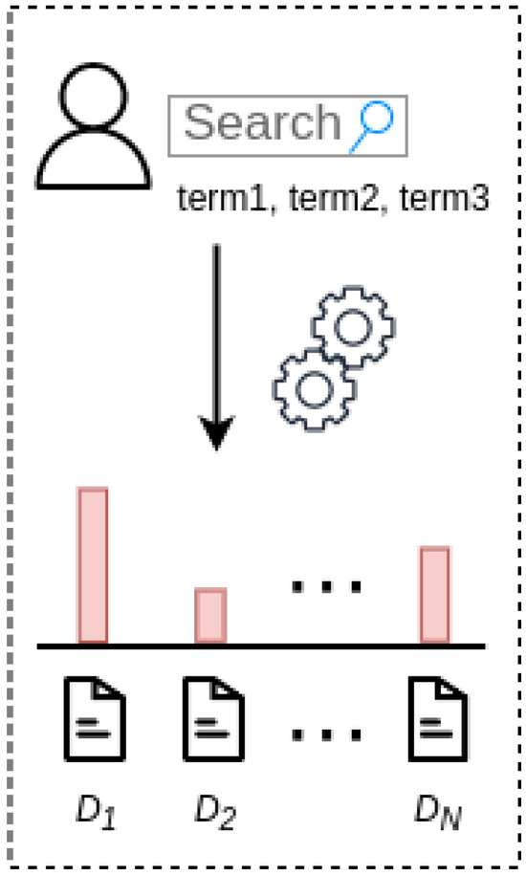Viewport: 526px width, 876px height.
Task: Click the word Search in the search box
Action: point(262,122)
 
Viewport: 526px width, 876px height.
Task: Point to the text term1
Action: point(223,199)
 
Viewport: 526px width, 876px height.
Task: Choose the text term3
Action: point(445,199)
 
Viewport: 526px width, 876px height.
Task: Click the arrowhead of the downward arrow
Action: point(216,432)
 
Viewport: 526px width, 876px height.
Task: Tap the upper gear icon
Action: point(353,327)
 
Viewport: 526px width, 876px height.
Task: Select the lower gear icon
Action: point(314,389)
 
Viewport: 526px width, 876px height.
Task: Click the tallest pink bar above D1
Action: point(93,565)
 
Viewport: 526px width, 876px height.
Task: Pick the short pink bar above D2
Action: point(210,616)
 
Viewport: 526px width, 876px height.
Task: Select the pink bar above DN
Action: point(435,596)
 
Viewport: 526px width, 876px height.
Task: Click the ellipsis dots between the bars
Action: point(327,586)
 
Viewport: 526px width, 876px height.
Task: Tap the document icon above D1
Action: point(95,719)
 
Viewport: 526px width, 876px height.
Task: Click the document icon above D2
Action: point(213,719)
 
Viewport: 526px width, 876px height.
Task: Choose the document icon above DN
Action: point(438,719)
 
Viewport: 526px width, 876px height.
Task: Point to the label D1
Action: point(96,811)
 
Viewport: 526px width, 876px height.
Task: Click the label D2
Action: point(215,811)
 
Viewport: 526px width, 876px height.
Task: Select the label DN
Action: point(438,811)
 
